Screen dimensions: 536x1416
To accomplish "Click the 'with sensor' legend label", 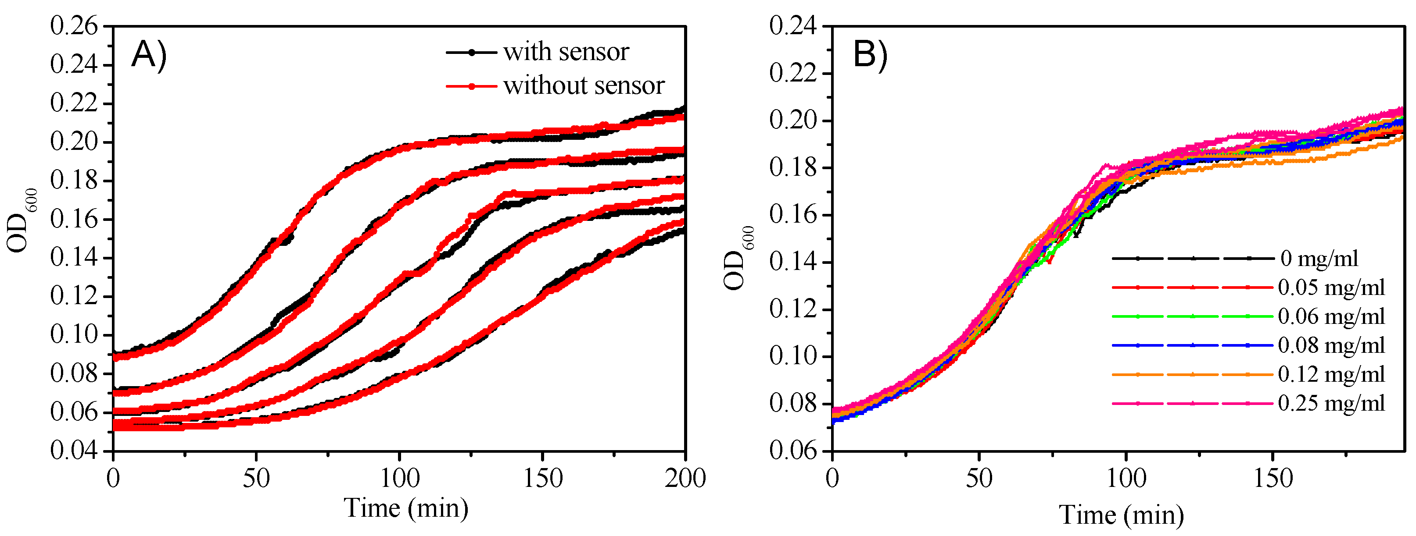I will tap(566, 52).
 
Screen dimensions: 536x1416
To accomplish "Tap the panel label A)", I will tap(148, 55).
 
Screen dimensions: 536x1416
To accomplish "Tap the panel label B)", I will tap(870, 55).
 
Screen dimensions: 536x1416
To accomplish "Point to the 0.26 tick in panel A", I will tap(74, 26).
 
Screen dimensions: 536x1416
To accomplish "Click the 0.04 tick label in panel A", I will tap(74, 451).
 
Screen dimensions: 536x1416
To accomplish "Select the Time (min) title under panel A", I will tap(406, 508).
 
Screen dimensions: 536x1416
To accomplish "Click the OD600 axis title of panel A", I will tap(21, 220).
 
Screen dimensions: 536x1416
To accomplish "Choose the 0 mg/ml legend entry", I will tap(1319, 258).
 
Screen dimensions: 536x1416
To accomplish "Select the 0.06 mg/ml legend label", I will tap(1331, 316).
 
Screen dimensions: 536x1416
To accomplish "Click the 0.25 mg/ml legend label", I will tap(1331, 404).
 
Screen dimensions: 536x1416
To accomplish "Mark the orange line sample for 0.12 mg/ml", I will tap(1192, 375).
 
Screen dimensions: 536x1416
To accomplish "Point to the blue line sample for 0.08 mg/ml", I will tap(1192, 345).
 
